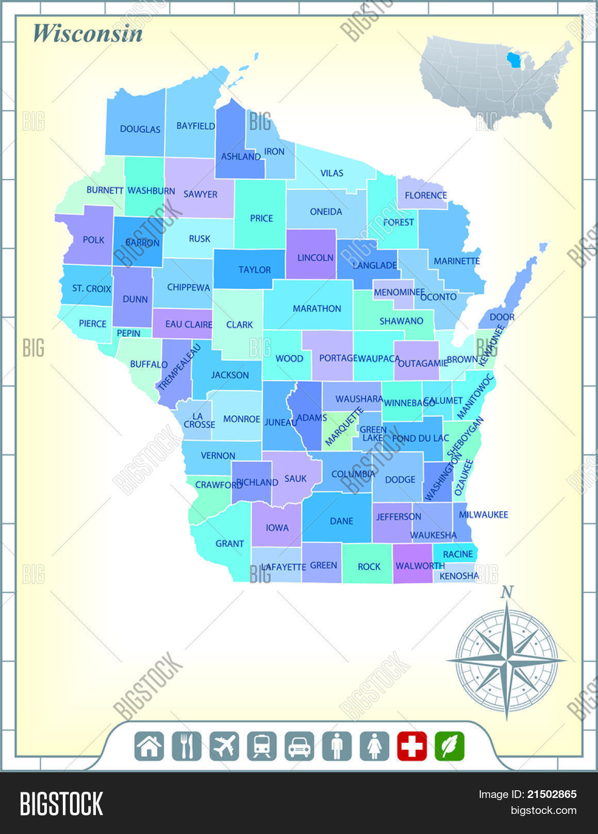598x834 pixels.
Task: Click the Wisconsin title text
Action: click(88, 33)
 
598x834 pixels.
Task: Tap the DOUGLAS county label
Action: click(140, 129)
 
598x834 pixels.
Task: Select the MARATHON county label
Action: click(317, 308)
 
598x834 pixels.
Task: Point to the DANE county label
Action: click(341, 521)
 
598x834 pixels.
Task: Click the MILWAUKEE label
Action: click(483, 514)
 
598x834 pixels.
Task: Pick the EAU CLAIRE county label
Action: click(188, 324)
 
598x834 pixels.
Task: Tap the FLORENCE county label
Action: click(425, 195)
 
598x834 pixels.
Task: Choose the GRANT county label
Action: click(229, 543)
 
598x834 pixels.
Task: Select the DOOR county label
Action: click(502, 317)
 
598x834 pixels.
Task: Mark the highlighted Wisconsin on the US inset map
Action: click(514, 60)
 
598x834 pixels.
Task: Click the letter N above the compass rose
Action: click(507, 592)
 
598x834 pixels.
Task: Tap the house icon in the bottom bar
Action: click(149, 746)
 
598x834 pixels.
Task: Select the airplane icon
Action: click(224, 746)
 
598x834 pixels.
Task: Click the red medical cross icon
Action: click(412, 746)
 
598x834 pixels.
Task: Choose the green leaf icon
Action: click(450, 746)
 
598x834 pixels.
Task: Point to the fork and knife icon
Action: click(187, 746)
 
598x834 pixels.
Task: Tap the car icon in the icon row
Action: click(300, 746)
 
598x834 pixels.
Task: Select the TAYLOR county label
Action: click(254, 269)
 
